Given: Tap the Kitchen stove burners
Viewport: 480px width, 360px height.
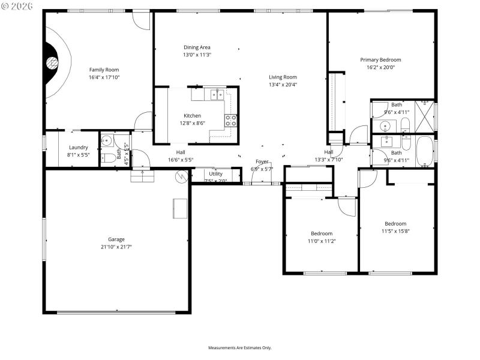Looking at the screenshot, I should (x=231, y=121).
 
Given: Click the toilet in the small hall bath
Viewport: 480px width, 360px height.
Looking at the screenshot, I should (x=109, y=158).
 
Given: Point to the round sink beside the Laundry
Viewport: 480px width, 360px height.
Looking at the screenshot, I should (x=107, y=142).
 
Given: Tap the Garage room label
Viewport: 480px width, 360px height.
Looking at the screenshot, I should (x=116, y=239).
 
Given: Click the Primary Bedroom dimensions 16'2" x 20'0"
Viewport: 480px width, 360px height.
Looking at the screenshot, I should (x=380, y=68).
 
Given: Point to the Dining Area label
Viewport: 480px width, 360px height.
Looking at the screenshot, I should (x=197, y=47).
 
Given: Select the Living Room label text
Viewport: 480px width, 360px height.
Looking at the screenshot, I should (x=283, y=77).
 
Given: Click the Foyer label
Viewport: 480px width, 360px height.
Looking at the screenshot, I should (x=262, y=161).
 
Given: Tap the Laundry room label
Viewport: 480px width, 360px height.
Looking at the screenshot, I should (x=79, y=148).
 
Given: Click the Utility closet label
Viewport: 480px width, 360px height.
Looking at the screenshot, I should (x=215, y=174).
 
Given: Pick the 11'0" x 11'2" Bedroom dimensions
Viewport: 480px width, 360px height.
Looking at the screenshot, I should (x=322, y=241).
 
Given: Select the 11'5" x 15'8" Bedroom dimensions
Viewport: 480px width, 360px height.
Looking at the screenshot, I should (x=395, y=231).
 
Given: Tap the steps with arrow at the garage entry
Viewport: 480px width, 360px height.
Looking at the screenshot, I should (x=142, y=175).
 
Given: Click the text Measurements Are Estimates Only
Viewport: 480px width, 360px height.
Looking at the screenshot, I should (x=240, y=348).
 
